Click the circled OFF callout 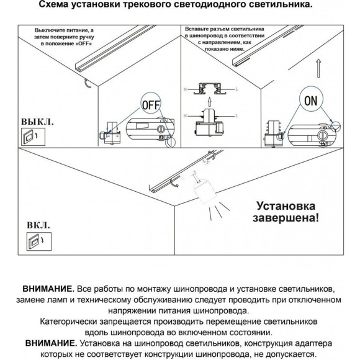coord(151,104)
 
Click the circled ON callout coord(312,99)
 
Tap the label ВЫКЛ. coord(38,121)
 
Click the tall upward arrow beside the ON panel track coord(318,66)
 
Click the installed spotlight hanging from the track coord(202,189)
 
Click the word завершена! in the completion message coord(287,218)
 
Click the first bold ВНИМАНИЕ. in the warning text coord(48,289)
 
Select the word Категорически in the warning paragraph coord(70,323)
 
